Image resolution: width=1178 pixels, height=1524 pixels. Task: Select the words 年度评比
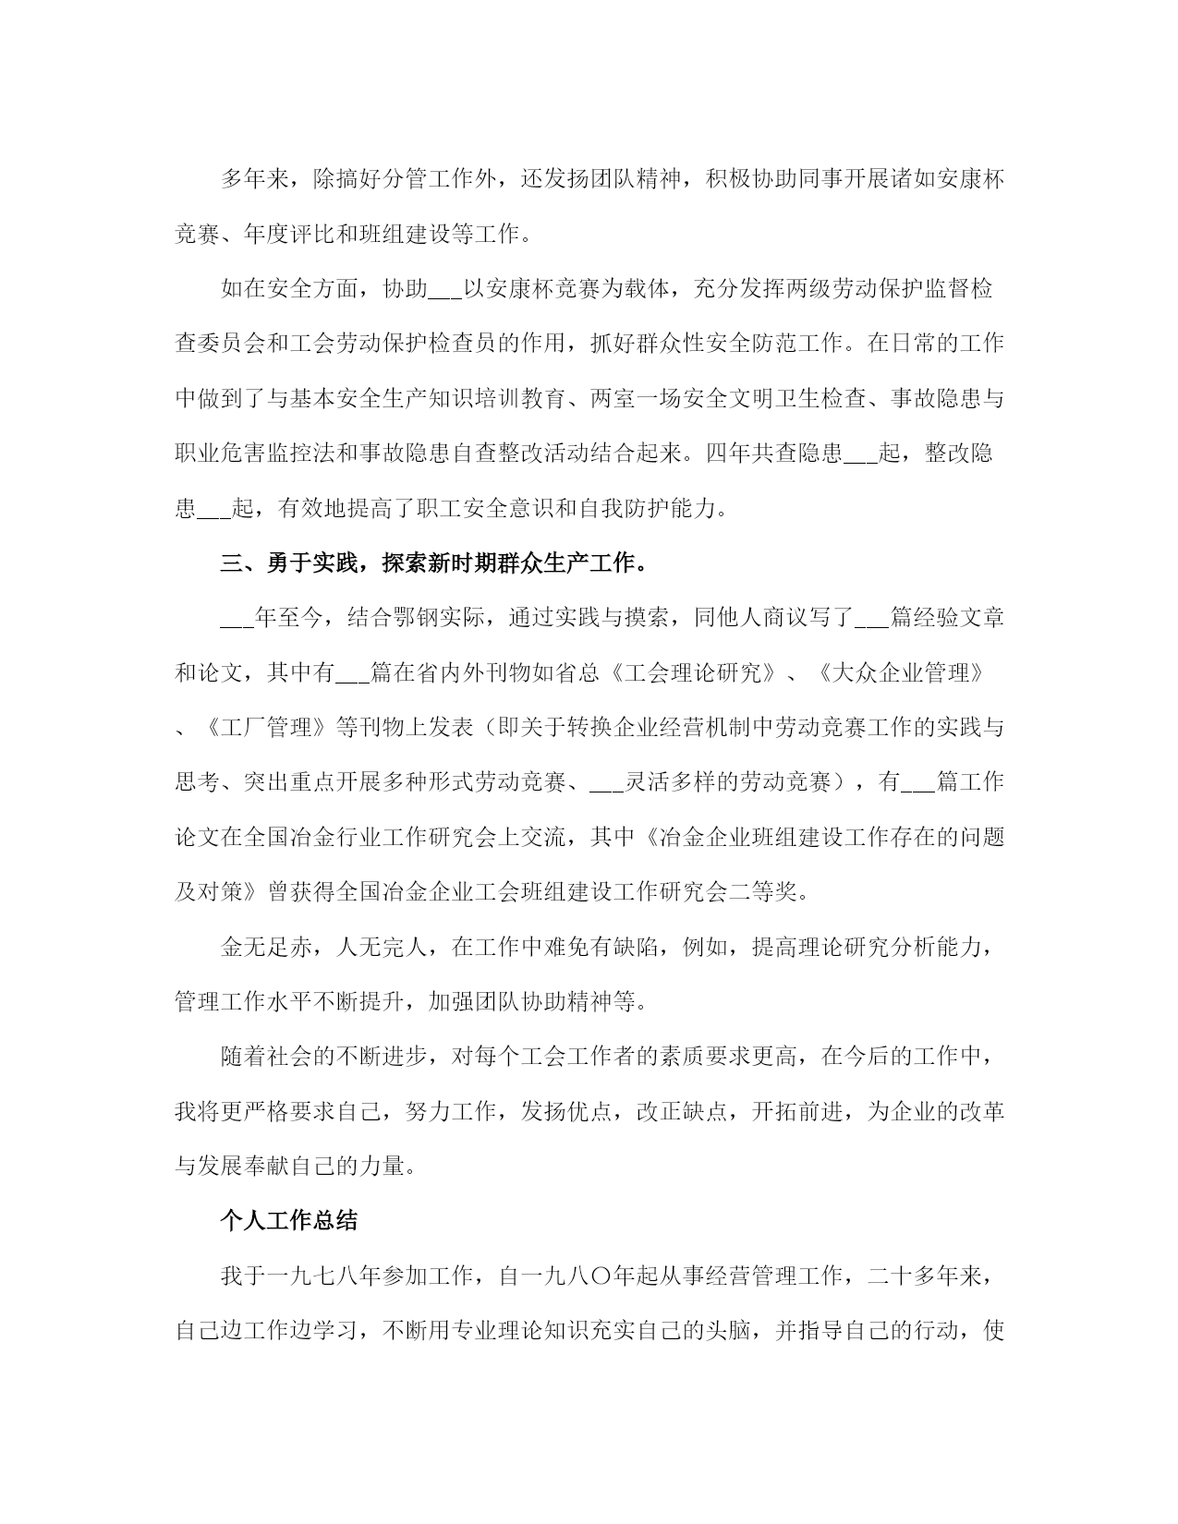click(289, 234)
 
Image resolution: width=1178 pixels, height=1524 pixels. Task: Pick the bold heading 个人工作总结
click(289, 1221)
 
